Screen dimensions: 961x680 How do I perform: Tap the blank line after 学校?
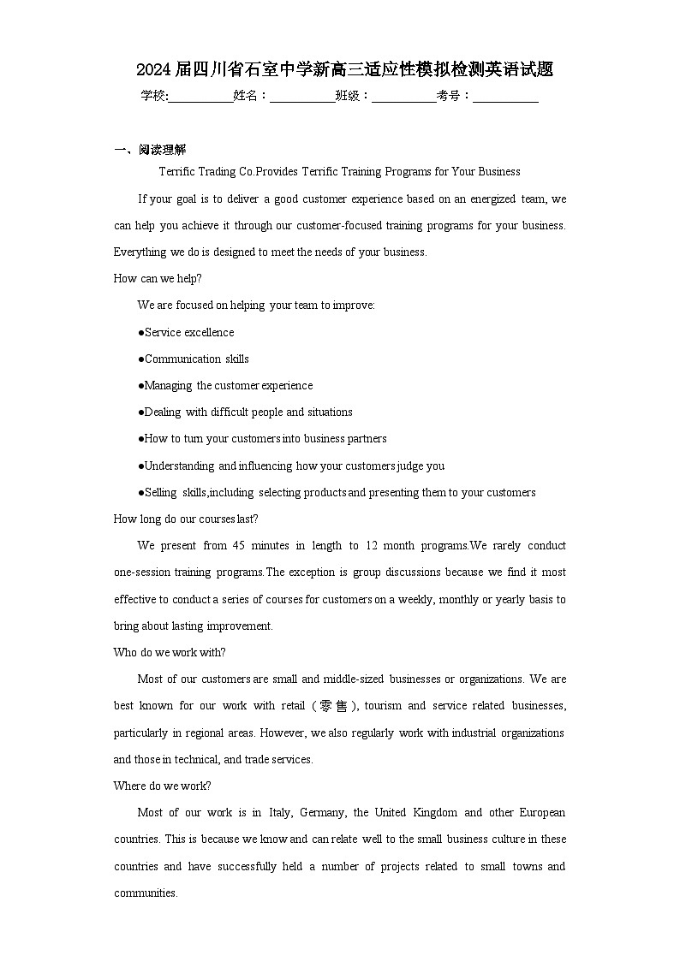[x=200, y=97]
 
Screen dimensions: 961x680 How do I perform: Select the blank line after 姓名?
[x=302, y=97]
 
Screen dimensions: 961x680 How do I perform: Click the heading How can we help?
[x=158, y=278]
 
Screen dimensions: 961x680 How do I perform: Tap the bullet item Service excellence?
[x=186, y=332]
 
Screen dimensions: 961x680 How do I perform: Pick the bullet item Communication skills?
[x=194, y=359]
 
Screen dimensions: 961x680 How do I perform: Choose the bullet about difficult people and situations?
[x=245, y=412]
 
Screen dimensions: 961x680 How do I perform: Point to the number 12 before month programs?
[x=373, y=545]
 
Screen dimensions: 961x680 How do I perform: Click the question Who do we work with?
[x=170, y=652]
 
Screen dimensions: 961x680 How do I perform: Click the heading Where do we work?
[x=163, y=786]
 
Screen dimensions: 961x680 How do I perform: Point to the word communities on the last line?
[x=146, y=893]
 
